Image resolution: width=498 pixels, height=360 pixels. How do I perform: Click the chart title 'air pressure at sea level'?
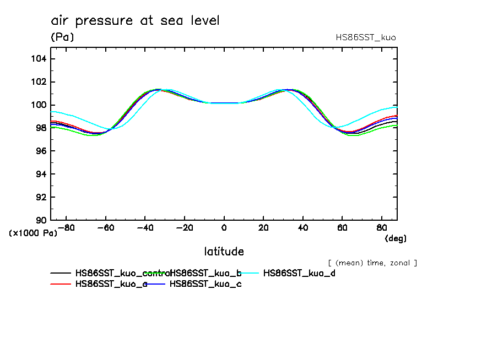pyautogui.click(x=135, y=21)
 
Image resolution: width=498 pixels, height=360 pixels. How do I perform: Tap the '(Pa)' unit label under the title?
pyautogui.click(x=62, y=37)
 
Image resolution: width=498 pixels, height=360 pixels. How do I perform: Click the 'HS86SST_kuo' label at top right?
pyautogui.click(x=365, y=37)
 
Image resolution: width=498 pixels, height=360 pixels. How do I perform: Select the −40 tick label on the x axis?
pyautogui.click(x=144, y=227)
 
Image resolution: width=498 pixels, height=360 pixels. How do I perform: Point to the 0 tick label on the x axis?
pyautogui.click(x=224, y=227)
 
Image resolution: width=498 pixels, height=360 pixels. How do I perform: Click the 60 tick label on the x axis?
pyautogui.click(x=342, y=227)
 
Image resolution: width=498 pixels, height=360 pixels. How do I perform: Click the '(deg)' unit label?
pyautogui.click(x=395, y=238)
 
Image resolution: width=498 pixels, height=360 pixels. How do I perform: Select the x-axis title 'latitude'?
pyautogui.click(x=224, y=252)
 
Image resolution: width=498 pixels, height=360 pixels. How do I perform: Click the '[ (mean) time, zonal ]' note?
pyautogui.click(x=372, y=263)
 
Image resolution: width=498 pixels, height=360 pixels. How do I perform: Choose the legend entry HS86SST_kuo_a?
pyautogui.click(x=111, y=285)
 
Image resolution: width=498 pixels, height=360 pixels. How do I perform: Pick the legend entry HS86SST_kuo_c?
pyautogui.click(x=205, y=285)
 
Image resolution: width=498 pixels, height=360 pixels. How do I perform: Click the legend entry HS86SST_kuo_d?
pyautogui.click(x=299, y=273)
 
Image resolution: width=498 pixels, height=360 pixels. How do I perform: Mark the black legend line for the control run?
pyautogui.click(x=61, y=273)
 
